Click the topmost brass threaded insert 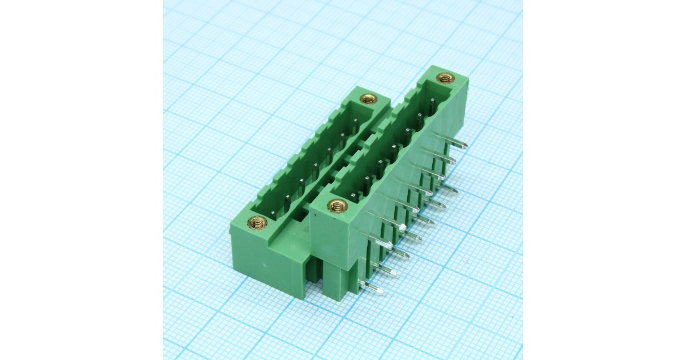coord(444,78)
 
